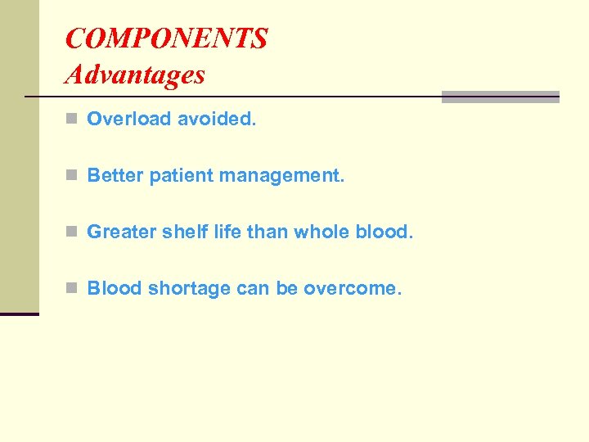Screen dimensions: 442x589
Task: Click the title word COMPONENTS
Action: click(166, 38)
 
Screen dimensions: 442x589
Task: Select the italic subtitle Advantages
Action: click(135, 74)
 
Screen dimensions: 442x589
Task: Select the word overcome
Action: click(353, 289)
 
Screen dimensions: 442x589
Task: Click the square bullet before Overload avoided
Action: click(71, 120)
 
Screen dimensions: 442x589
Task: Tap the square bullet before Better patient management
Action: click(71, 176)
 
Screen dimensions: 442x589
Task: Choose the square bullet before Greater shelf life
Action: click(71, 232)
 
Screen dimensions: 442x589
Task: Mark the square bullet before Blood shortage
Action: click(71, 289)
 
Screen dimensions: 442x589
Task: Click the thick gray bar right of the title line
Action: click(500, 97)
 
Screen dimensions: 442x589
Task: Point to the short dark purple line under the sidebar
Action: click(20, 313)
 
